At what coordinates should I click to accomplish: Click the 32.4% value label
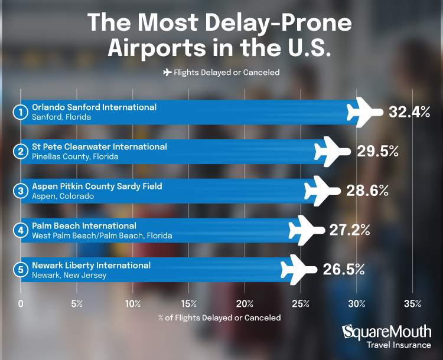coord(408,112)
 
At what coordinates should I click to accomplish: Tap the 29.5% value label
coord(377,151)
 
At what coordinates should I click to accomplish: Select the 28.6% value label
coord(367,191)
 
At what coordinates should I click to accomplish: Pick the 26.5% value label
coord(343,270)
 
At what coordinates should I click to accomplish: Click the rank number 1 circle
coord(21,112)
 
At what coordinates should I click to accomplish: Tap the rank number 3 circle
coord(21,191)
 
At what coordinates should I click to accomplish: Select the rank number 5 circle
coord(21,270)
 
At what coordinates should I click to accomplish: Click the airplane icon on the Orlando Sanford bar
coord(366,112)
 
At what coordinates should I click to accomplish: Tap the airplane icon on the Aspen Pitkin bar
coord(323,191)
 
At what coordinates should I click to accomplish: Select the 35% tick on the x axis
coord(412,304)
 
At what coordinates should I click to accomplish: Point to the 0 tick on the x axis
coord(21,304)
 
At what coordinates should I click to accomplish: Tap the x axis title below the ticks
coord(220,318)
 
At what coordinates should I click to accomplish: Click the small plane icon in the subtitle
coord(167,72)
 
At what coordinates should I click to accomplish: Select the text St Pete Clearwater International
coord(99,146)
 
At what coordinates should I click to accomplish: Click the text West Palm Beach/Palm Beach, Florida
coord(102,235)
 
